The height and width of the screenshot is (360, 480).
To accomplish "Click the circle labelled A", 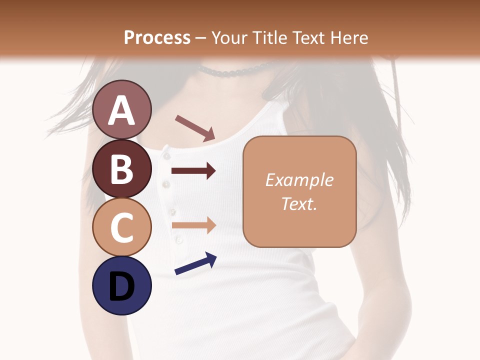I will tap(122, 109).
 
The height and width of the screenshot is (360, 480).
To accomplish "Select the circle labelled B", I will tap(122, 168).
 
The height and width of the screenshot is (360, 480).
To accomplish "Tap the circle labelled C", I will tap(122, 227).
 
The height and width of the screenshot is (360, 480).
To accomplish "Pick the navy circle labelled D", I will tap(122, 285).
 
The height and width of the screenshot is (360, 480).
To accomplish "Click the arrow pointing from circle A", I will tap(195, 128).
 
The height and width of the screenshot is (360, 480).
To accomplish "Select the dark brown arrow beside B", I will tap(193, 171).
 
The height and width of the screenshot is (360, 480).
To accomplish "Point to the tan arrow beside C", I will tap(193, 225).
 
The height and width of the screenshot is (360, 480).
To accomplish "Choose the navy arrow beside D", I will tap(195, 263).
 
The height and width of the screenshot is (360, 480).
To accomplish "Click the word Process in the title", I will tap(157, 37).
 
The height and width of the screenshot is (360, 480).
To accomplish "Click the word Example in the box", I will tap(299, 180).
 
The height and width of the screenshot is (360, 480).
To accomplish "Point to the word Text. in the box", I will tap(299, 203).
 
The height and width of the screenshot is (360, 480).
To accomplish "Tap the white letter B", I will tap(122, 168).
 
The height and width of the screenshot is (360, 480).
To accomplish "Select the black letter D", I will tap(122, 286).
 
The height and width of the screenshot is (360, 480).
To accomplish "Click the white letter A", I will tap(122, 110).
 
